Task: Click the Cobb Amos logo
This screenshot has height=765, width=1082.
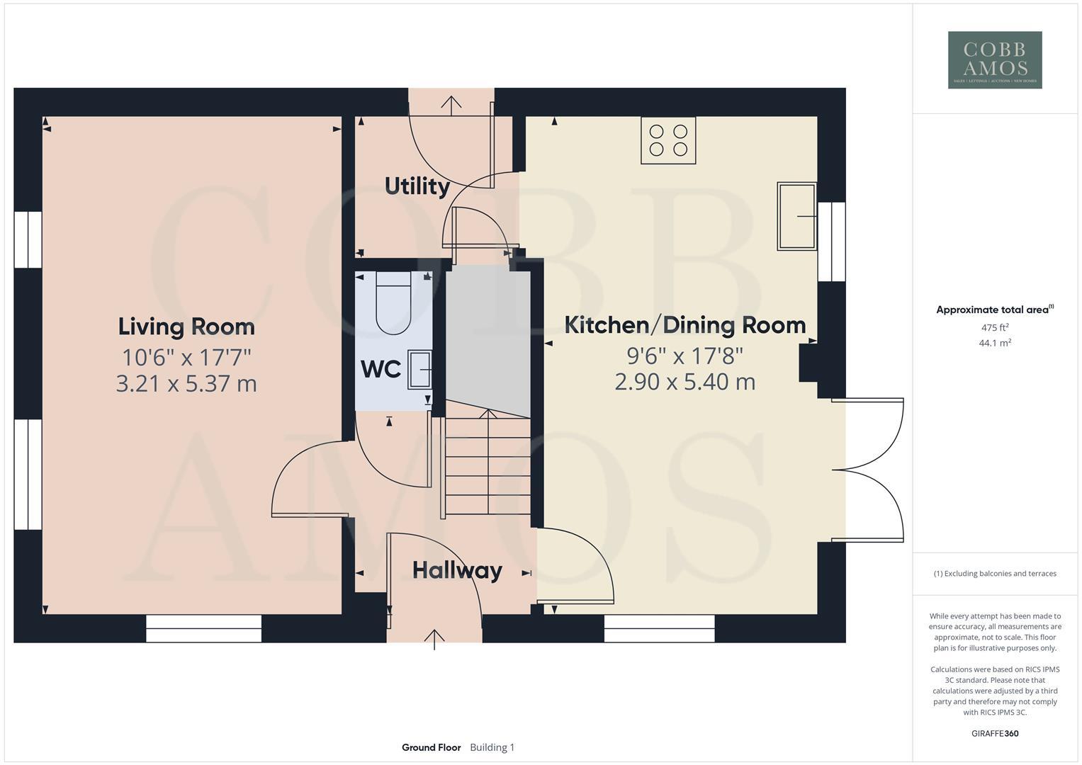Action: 994,59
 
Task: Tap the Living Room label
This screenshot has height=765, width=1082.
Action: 186,327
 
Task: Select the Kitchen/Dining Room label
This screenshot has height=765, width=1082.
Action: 684,325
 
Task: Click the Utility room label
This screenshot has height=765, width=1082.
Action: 417,186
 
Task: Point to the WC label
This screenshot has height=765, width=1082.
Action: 381,369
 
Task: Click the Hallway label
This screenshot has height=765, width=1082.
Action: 457,570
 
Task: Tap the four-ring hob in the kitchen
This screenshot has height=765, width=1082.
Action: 668,140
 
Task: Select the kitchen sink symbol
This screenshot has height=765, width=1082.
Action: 796,216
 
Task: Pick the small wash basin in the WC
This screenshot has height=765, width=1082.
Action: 419,369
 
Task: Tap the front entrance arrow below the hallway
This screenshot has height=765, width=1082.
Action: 434,637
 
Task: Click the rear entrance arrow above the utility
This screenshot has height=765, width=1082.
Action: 451,103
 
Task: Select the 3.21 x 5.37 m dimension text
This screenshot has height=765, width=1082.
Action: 186,384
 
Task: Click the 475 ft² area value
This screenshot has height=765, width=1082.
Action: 994,327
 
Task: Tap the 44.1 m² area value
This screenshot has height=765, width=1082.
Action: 994,343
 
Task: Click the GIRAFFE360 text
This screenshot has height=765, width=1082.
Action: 994,733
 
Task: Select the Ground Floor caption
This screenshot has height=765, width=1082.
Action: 431,747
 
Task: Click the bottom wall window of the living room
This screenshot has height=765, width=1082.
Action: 204,628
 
